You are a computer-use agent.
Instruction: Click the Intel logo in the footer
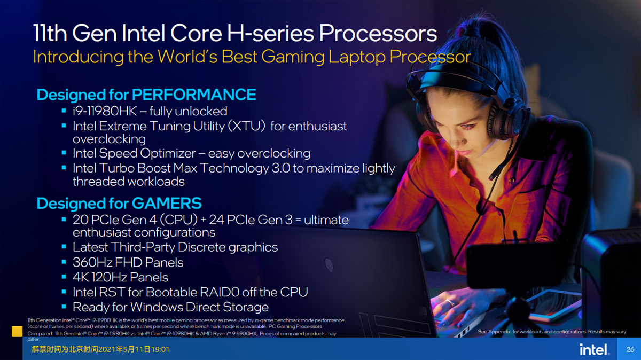[x=595, y=349]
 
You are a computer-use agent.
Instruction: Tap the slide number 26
[x=630, y=349]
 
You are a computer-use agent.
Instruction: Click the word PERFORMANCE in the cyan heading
[x=194, y=95]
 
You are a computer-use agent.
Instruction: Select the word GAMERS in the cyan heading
[x=167, y=203]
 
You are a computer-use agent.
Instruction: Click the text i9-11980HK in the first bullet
[x=105, y=111]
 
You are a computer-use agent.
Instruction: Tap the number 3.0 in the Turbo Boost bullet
[x=281, y=168]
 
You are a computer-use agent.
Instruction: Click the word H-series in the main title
[x=270, y=33]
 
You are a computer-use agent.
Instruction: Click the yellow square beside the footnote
[x=17, y=331]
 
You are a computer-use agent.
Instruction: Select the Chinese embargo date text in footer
[x=100, y=349]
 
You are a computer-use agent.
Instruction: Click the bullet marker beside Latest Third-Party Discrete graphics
[x=64, y=247]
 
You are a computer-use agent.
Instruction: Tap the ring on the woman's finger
[x=450, y=302]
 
